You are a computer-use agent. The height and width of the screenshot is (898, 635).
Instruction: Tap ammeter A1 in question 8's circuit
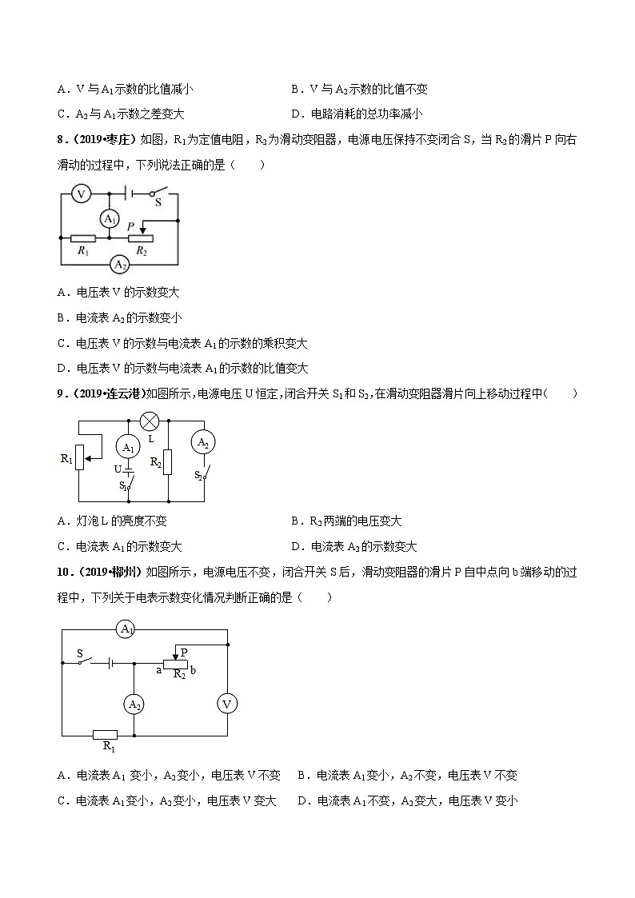(110, 219)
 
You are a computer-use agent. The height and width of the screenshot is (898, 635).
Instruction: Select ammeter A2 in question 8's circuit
(119, 264)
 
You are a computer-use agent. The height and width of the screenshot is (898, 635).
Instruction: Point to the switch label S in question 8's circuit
(158, 203)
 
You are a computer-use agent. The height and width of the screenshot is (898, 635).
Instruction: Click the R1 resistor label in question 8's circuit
(82, 250)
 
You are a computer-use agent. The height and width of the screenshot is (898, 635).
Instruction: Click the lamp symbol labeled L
(148, 421)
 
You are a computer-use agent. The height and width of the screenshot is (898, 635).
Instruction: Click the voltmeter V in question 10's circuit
(228, 704)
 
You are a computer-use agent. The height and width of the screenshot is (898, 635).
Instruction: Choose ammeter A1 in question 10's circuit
(126, 629)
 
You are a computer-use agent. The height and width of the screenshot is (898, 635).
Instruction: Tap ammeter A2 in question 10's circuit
(134, 704)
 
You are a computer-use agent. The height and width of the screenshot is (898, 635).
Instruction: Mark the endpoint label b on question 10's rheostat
(193, 670)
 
